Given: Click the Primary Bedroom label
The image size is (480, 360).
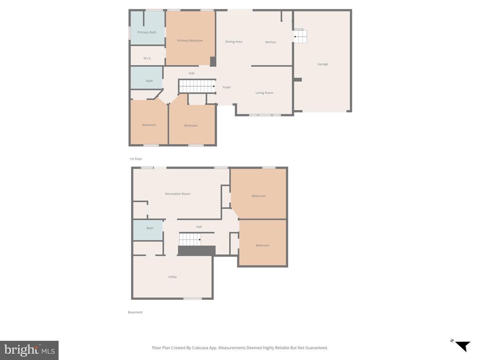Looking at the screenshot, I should [190, 41].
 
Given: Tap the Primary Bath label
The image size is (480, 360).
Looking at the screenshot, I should [147, 32].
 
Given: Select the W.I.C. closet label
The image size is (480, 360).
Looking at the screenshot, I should [147, 58].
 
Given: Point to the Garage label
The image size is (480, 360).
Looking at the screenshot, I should [322, 64].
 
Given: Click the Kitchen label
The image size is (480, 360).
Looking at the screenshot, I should [270, 42].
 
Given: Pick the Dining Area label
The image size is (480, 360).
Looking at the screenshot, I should [233, 42].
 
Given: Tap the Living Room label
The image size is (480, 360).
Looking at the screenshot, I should [264, 93].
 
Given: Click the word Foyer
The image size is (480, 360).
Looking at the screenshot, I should [226, 87].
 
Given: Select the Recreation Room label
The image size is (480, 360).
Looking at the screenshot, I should [178, 194].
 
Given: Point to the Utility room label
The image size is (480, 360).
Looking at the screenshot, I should [172, 277].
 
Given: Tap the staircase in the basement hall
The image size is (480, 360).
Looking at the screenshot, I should [190, 240].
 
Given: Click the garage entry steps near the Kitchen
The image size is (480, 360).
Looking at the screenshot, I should [300, 36].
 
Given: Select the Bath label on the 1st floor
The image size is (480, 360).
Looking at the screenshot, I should [149, 81].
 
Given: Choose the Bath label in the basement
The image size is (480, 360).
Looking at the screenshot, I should [150, 228].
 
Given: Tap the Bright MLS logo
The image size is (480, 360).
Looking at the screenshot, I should [29, 350].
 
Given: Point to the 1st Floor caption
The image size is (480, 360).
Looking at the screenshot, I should [135, 159].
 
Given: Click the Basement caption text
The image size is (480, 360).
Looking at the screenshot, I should [135, 312].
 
